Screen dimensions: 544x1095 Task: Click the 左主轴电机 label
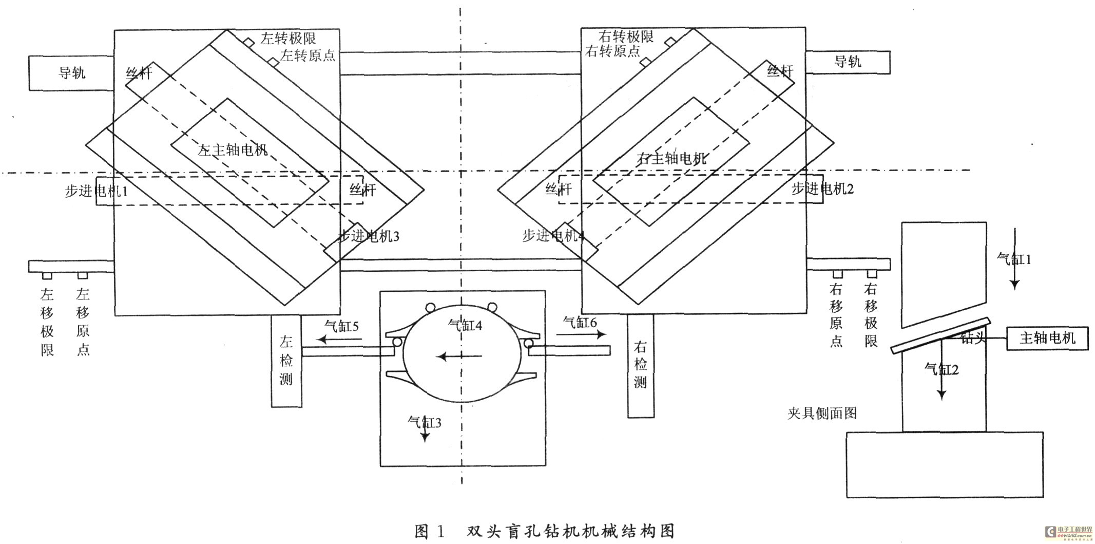pyautogui.click(x=233, y=150)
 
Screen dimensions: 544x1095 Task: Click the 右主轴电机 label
pyautogui.click(x=671, y=158)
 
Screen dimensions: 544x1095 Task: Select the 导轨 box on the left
pyautogui.click(x=71, y=73)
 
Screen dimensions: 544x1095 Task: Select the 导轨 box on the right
pyautogui.click(x=847, y=62)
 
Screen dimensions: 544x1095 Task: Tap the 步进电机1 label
pyautogui.click(x=96, y=191)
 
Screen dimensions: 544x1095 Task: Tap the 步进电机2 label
pyautogui.click(x=822, y=189)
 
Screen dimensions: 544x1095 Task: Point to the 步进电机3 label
pyautogui.click(x=368, y=236)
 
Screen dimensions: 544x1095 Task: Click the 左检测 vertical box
pyautogui.click(x=286, y=361)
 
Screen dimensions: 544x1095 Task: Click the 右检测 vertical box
pyautogui.click(x=640, y=365)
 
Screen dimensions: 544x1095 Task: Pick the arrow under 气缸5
pyautogui.click(x=339, y=339)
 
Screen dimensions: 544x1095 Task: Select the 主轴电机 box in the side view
pyautogui.click(x=1047, y=338)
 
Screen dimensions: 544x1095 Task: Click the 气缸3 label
pyautogui.click(x=424, y=423)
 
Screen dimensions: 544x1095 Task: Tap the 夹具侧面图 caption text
pyautogui.click(x=822, y=413)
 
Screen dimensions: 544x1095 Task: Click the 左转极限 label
pyautogui.click(x=288, y=39)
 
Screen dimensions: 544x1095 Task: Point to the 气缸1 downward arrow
pyautogui.click(x=1014, y=259)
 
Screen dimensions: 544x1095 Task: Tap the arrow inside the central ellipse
pyautogui.click(x=459, y=355)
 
